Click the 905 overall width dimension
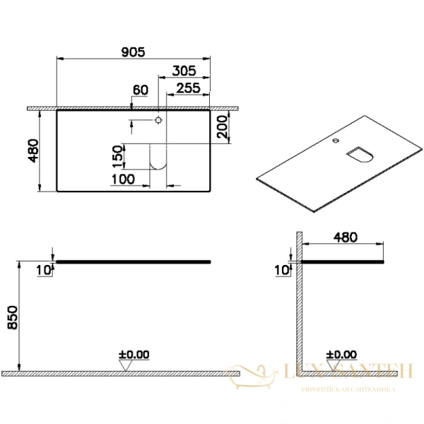pyautogui.click(x=132, y=52)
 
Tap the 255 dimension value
pyautogui.click(x=188, y=88)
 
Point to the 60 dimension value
pyautogui.click(x=140, y=90)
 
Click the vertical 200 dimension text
pyautogui.click(x=222, y=128)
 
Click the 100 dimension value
pyautogui.click(x=123, y=179)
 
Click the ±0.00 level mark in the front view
pyautogui.click(x=134, y=355)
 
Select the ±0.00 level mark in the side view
pyautogui.click(x=342, y=355)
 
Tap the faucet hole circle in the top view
pyautogui.click(x=158, y=119)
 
